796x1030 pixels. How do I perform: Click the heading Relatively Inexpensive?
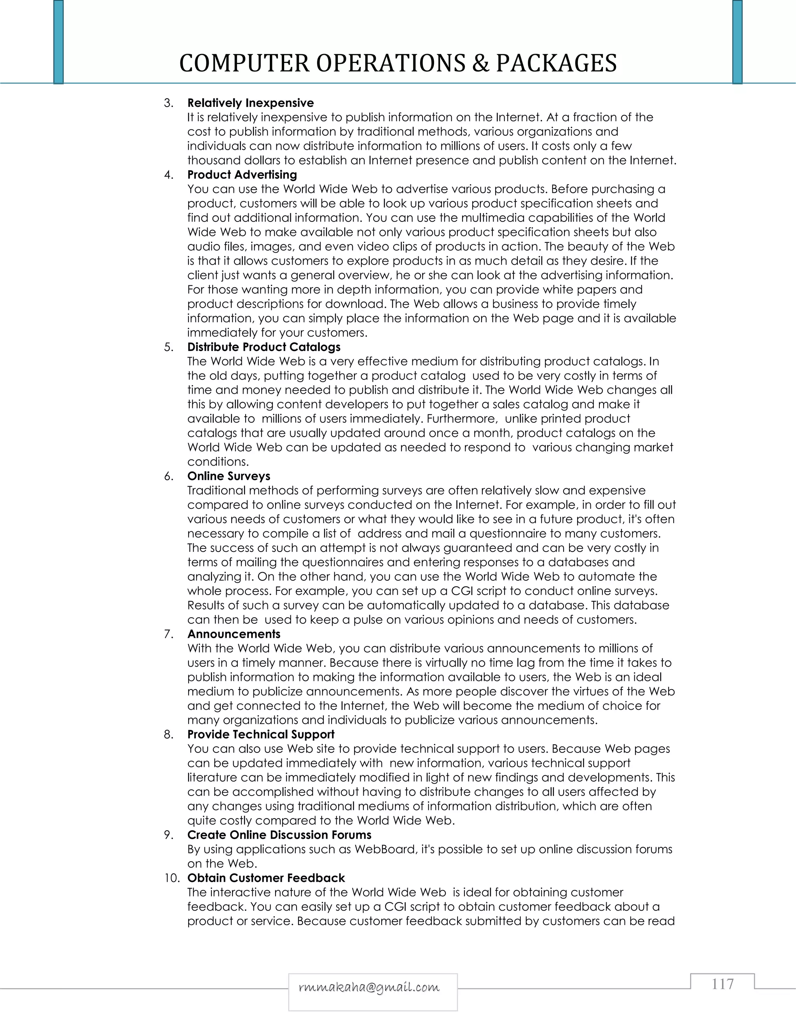[250, 103]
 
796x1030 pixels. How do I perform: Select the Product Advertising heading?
[242, 175]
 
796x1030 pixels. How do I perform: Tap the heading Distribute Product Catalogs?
[264, 347]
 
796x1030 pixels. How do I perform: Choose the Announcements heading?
[234, 634]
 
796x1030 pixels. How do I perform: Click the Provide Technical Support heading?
[261, 734]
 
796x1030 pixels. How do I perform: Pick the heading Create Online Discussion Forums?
[279, 835]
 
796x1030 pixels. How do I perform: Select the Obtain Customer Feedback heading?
[266, 878]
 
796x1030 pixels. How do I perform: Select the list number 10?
[172, 878]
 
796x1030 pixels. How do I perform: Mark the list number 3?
[168, 103]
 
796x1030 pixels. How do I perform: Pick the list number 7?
[168, 634]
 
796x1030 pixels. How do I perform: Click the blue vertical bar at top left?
[58, 42]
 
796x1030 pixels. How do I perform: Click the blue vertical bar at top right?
[737, 42]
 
